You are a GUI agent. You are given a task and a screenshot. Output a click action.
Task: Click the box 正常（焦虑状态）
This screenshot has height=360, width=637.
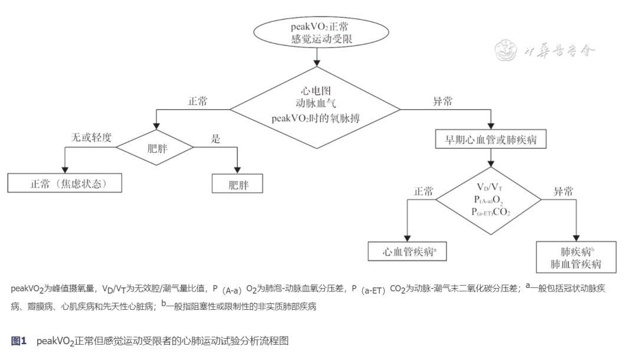[65, 184]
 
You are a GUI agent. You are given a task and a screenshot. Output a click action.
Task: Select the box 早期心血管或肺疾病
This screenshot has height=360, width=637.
[491, 140]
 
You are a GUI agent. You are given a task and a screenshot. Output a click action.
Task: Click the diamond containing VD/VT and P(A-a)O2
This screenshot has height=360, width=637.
[491, 200]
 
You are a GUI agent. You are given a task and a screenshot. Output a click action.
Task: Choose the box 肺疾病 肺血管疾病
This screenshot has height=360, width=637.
[576, 257]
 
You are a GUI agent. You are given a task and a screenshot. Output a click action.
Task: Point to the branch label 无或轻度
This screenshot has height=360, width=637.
[91, 138]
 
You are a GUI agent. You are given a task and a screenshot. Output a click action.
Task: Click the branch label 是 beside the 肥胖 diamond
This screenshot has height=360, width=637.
[215, 139]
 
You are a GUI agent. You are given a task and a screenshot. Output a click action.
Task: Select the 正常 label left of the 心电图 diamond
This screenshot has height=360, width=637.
[198, 102]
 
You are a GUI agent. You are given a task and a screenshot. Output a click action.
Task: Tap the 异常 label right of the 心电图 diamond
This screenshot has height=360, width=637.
[442, 102]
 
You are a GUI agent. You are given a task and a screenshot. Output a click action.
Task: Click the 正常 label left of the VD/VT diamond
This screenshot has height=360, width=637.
[423, 192]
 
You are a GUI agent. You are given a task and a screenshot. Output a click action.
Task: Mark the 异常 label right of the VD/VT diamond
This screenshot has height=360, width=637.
[562, 192]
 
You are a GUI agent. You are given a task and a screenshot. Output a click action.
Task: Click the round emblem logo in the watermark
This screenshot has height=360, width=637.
[505, 50]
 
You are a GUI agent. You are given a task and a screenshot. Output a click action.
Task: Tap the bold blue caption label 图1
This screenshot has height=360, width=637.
[19, 341]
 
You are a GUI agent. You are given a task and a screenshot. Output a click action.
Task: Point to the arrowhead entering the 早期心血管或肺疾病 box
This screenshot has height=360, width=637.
[491, 126]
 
